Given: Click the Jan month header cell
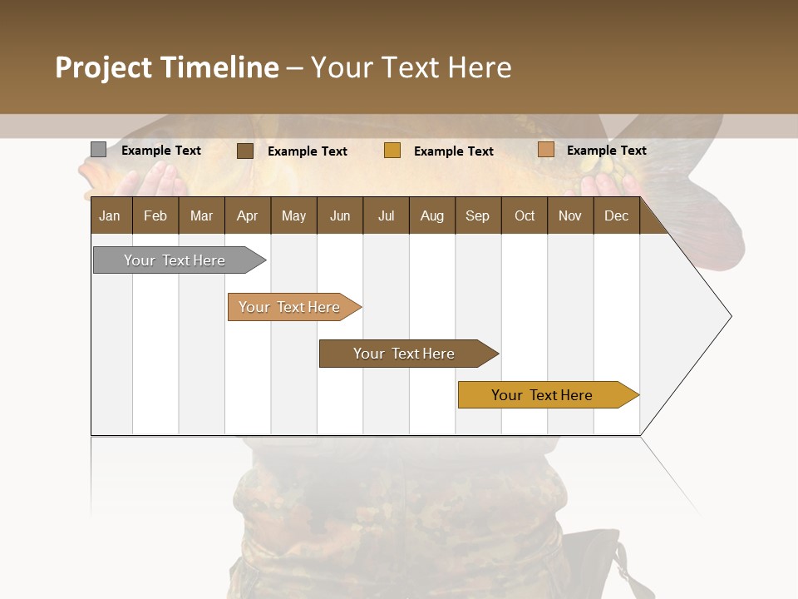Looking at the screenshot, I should [x=111, y=215].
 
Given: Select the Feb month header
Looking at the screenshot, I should [x=155, y=215].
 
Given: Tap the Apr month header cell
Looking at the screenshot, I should [x=248, y=215].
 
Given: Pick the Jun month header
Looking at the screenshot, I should [x=340, y=215].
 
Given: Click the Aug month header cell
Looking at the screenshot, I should [x=432, y=215].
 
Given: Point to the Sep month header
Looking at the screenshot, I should [x=478, y=215].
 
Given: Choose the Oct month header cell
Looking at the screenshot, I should [x=525, y=215].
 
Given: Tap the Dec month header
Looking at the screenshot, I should [x=617, y=215].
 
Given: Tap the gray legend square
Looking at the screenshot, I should [x=98, y=150].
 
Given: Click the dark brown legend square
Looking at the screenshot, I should [x=245, y=151].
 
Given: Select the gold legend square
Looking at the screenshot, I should [x=392, y=151].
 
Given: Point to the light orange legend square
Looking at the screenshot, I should [x=545, y=150].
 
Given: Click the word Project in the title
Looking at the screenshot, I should [x=104, y=67].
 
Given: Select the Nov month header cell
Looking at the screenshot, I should [x=570, y=215].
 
